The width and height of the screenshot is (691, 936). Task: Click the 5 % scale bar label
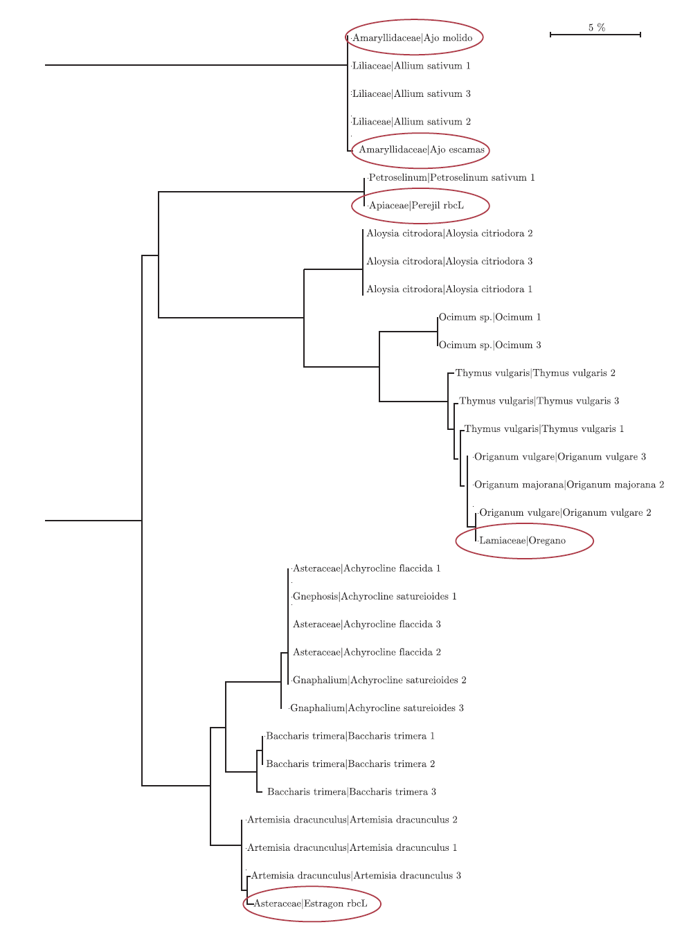click(597, 28)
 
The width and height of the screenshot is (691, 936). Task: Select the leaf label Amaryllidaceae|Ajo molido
click(413, 38)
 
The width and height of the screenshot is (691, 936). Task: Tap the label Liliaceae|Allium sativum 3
click(411, 94)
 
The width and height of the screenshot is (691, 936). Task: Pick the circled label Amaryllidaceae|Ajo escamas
click(422, 150)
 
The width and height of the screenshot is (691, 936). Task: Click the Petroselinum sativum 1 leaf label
click(451, 178)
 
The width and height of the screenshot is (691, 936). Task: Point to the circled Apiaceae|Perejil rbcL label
click(417, 206)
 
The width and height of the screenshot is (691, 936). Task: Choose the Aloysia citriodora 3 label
click(449, 262)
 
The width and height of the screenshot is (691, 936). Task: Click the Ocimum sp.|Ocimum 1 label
click(490, 318)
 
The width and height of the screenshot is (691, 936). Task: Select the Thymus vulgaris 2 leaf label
click(535, 373)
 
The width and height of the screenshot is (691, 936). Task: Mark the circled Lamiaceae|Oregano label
click(523, 541)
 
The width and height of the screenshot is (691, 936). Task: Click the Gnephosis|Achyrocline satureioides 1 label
click(375, 597)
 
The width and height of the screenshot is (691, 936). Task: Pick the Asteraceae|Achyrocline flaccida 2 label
click(367, 653)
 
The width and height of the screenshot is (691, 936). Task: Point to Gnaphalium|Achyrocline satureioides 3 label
click(377, 708)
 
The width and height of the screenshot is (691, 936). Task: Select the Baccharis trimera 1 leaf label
click(350, 737)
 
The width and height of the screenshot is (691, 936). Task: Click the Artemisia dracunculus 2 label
click(352, 820)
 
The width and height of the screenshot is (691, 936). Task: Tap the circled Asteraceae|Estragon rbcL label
click(311, 904)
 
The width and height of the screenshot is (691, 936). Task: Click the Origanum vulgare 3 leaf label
click(560, 457)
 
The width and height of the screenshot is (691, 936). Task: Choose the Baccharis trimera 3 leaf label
click(352, 792)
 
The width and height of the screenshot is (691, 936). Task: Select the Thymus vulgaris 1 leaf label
click(544, 429)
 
